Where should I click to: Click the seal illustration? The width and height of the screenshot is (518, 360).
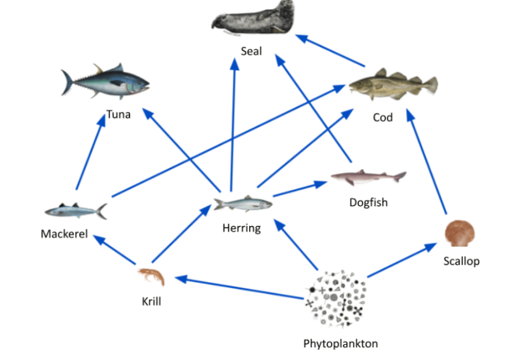click(253, 18)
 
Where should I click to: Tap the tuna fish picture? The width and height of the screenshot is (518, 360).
click(105, 81)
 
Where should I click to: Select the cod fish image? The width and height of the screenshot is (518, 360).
click(393, 84)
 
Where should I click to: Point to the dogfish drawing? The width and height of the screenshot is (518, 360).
click(368, 177)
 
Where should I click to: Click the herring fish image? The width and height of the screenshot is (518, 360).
click(243, 203)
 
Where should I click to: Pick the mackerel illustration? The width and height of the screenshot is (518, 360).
click(76, 211)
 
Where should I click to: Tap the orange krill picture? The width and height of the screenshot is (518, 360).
click(152, 276)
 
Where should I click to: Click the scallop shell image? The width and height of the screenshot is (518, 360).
click(460, 233)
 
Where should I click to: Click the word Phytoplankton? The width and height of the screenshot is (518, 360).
click(341, 343)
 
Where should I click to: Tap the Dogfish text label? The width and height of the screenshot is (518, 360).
click(368, 202)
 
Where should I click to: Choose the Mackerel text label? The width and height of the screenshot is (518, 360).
click(64, 233)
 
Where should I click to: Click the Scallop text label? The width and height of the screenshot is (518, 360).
click(461, 261)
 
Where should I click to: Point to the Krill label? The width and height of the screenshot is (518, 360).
click(152, 302)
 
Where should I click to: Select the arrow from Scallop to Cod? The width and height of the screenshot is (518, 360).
click(427, 162)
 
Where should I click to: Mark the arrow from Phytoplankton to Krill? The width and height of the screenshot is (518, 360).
click(239, 288)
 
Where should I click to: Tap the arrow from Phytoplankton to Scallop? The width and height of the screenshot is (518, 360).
click(402, 260)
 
